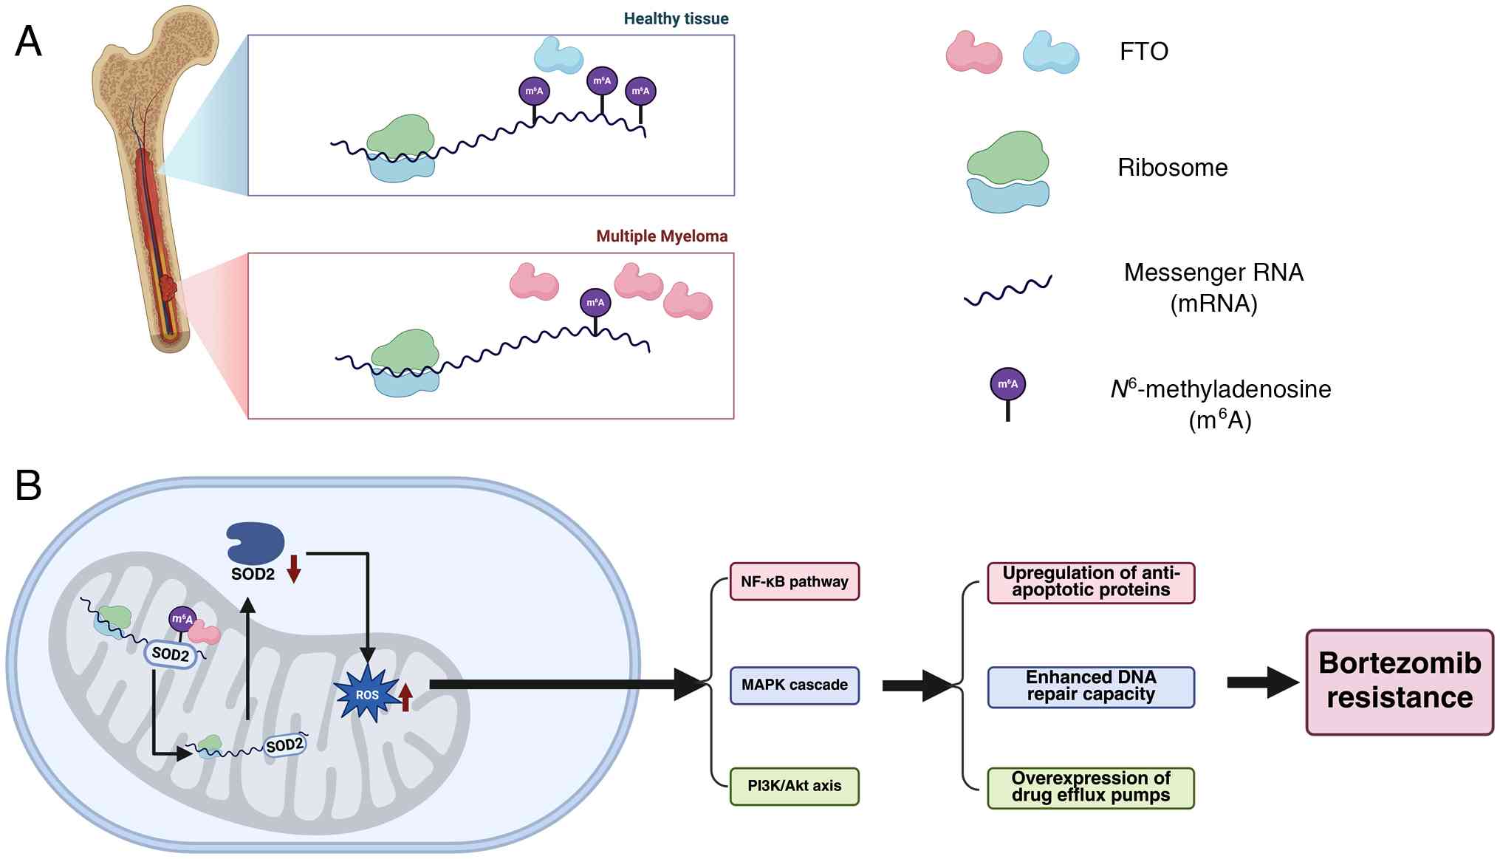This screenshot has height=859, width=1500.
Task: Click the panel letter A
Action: point(28,41)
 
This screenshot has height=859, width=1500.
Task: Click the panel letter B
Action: point(28,485)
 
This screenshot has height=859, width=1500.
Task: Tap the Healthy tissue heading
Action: point(676,19)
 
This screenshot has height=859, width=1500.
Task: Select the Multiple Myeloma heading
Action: point(662,236)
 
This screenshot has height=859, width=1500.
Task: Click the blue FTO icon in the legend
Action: point(1050,52)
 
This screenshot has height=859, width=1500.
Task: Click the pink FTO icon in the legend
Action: point(973,52)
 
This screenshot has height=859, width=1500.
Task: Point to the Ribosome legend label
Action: point(1172,168)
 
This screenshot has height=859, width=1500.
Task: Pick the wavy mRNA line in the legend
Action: point(1007,291)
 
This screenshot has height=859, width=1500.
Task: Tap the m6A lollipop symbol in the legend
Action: point(1007,391)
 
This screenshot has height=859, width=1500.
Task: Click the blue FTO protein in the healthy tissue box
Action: point(558,55)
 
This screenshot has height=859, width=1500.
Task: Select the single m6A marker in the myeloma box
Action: point(595,307)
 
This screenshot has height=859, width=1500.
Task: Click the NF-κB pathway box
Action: point(794,581)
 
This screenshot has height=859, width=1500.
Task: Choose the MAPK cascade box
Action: point(794,685)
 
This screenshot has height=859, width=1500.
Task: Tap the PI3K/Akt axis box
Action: point(794,786)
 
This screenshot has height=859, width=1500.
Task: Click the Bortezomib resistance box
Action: point(1399,681)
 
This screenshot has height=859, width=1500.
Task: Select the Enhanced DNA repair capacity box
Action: point(1090,687)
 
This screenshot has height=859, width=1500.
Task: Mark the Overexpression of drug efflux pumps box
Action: point(1090,787)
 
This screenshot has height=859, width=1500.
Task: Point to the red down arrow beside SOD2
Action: point(294,568)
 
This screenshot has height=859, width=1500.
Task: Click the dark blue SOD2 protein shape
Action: point(255,543)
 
